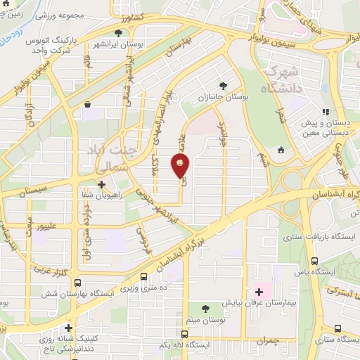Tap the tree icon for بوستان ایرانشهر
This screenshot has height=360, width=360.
click(x=124, y=32)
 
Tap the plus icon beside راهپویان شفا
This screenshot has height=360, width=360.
click(x=102, y=185)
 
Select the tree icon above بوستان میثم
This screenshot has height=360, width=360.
click(x=205, y=309)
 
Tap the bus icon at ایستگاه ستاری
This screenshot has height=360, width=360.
click(x=338, y=328)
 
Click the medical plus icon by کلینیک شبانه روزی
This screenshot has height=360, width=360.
click(x=68, y=328)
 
